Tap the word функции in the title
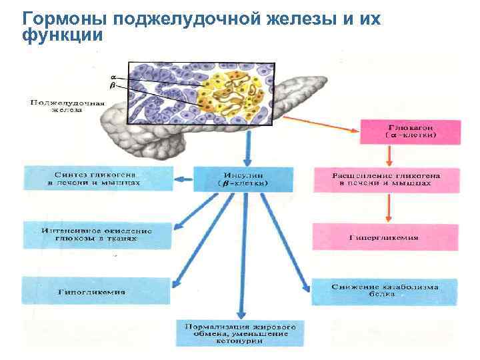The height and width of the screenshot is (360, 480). click(x=63, y=35)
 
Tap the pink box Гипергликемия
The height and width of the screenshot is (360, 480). click(x=385, y=237)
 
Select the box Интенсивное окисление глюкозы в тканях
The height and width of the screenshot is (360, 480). click(x=87, y=235)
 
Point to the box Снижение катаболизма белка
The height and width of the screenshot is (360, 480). click(x=385, y=291)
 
